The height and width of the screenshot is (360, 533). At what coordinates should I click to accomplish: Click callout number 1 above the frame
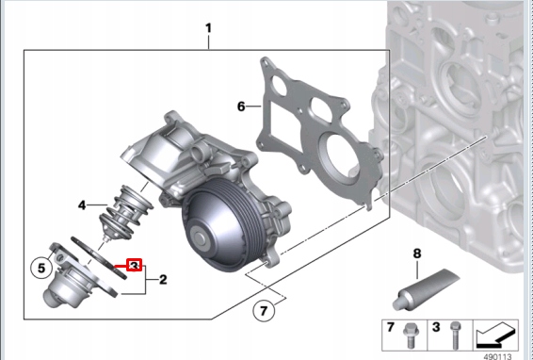click(x=208, y=28)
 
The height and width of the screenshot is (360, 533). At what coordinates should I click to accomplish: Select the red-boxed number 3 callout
click(x=135, y=265)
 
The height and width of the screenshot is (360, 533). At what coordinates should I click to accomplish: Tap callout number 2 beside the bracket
click(x=163, y=279)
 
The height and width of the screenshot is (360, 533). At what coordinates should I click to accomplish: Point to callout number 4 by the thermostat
click(x=82, y=205)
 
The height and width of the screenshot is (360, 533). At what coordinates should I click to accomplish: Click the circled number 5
click(x=41, y=268)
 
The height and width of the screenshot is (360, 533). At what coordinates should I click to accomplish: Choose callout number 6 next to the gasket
click(x=241, y=106)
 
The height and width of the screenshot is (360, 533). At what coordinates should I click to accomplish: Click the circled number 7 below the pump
click(x=264, y=310)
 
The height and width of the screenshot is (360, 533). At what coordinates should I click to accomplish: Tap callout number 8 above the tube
click(x=417, y=254)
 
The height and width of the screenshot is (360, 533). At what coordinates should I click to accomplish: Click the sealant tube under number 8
click(x=426, y=288)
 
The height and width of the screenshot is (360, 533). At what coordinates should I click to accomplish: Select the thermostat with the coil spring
click(x=126, y=212)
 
